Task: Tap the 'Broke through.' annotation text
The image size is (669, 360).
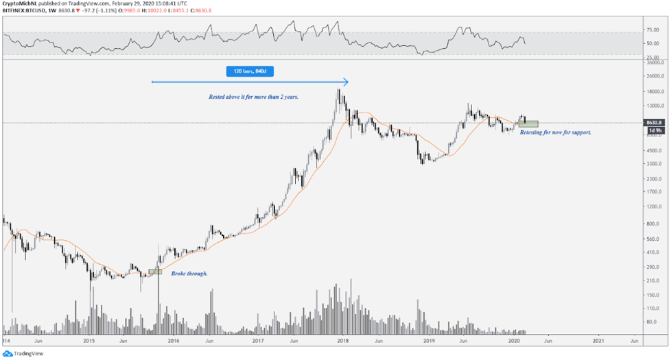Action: pos(189,274)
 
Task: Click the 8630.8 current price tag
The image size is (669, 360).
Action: pos(654,122)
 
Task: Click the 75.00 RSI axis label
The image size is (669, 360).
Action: pos(653,30)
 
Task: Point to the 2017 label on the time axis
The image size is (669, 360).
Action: pos(258,340)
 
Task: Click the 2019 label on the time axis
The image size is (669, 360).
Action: pos(429,340)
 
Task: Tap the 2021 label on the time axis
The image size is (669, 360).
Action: pos(598,340)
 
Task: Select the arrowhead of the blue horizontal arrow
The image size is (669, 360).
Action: pos(346,82)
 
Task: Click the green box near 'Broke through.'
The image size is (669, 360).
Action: pos(155,272)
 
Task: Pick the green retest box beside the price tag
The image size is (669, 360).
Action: pos(528,124)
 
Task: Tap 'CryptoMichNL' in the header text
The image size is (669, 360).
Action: pos(21,3)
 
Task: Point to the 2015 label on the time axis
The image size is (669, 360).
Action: pos(89,340)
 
